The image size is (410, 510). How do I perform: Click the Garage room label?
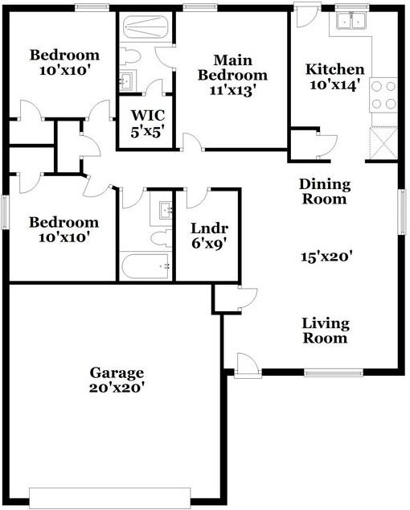coord(117,373)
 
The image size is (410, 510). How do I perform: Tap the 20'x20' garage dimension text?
coord(117,388)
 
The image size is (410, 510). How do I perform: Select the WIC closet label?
coord(148,115)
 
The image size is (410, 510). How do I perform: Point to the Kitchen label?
coord(335,69)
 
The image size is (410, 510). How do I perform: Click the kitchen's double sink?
coord(351,20)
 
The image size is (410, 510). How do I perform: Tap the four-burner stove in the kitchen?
coord(383,95)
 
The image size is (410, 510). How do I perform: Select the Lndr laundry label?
coord(209,228)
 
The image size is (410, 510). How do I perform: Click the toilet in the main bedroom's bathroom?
coord(130,57)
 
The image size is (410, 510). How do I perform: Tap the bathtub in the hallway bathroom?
coord(146,266)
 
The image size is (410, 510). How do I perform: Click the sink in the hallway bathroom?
coord(166,210)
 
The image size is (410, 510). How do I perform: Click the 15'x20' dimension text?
coord(326,257)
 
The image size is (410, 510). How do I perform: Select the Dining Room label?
coord(325,191)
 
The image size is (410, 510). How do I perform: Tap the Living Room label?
coord(326,331)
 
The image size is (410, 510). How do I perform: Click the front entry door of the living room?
coord(248,365)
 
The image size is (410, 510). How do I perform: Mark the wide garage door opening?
coord(110,498)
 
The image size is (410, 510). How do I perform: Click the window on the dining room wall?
coord(403,212)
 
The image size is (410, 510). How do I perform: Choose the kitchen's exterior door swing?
coord(306,15)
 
